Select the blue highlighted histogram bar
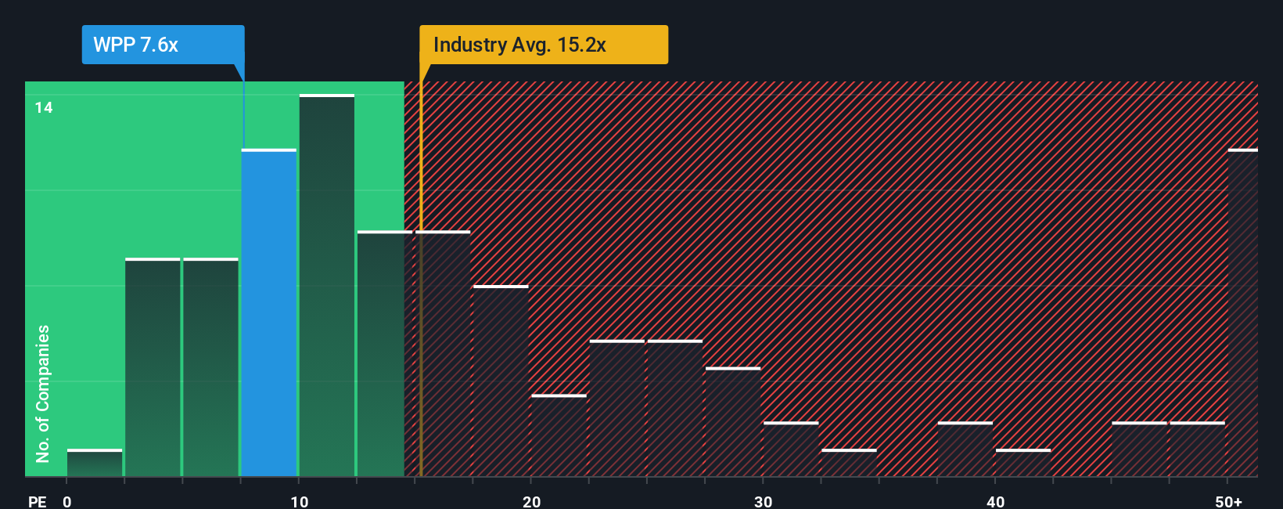click(x=269, y=313)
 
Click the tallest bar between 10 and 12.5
click(x=327, y=286)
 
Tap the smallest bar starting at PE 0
click(x=95, y=463)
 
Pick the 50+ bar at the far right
click(x=1242, y=313)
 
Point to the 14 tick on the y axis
click(x=44, y=107)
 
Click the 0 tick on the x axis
click(x=67, y=501)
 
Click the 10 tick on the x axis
click(x=299, y=501)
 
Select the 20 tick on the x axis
click(x=531, y=501)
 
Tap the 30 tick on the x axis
click(x=763, y=501)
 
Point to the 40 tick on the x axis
click(x=995, y=501)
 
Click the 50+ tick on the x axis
click(x=1228, y=501)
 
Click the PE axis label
click(x=37, y=501)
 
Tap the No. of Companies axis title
click(x=43, y=393)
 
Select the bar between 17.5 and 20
click(x=501, y=381)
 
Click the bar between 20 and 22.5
click(x=559, y=435)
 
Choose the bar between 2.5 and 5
click(x=153, y=367)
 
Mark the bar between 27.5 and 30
click(x=733, y=422)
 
